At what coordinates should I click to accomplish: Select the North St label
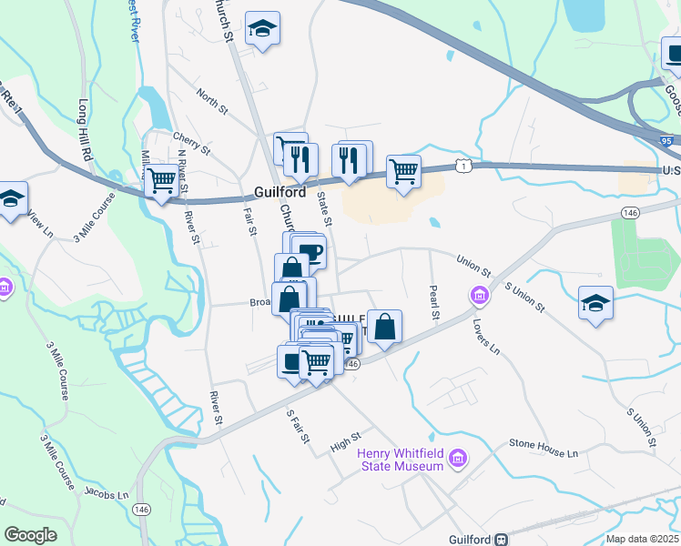point(211,101)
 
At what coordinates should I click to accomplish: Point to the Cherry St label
point(191,144)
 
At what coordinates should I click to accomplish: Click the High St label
point(346,442)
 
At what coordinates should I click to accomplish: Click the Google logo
point(30,535)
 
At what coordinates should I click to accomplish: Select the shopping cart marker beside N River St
point(161,179)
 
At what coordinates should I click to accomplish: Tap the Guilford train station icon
point(501,539)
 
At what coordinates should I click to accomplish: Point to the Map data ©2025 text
point(641,539)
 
